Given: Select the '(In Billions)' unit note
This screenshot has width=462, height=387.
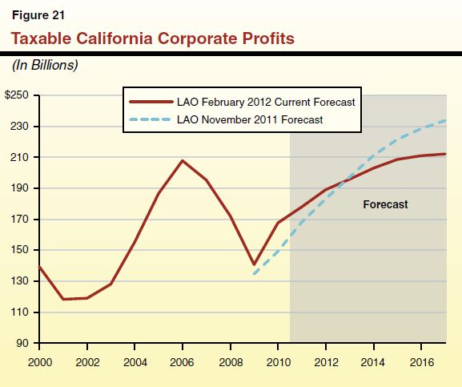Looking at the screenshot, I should pos(44,64).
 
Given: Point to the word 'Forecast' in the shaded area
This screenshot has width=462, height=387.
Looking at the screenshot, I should pos(385,204).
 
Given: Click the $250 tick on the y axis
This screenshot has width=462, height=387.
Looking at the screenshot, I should pos(18,95).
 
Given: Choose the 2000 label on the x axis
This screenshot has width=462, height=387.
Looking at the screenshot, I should pos(39,361).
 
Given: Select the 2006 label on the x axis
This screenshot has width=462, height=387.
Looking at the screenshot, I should pos(183,361).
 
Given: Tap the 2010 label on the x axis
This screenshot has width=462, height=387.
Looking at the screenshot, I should pos(278,361).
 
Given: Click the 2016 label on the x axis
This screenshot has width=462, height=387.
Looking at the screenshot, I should pos(421,361).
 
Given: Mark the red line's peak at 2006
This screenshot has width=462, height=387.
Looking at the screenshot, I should pos(183,160).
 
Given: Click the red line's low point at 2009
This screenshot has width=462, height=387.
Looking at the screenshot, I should pos(254,264).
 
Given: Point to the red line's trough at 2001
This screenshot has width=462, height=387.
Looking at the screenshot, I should pos(63,299).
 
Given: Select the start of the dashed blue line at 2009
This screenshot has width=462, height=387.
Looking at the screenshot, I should pos(254,274).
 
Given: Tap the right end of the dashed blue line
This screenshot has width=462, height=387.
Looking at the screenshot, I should pos(445,120).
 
